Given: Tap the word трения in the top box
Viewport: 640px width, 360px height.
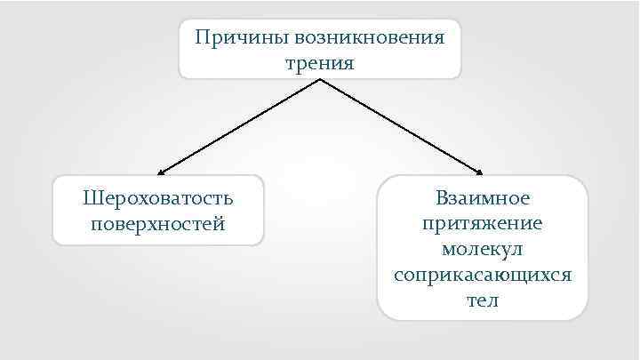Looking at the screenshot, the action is point(320,63).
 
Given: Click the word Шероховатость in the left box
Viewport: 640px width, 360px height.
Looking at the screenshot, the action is point(158,196).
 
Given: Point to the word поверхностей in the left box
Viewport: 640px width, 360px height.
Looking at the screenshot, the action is point(158,221).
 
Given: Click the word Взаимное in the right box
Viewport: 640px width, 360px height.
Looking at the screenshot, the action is point(483,197).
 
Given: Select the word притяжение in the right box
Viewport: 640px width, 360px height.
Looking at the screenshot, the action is point(483,222).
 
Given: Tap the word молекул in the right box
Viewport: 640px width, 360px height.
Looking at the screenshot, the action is point(483,248).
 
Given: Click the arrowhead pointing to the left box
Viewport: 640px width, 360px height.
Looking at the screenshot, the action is point(161,171).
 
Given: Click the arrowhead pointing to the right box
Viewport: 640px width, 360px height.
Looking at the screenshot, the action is point(480,171).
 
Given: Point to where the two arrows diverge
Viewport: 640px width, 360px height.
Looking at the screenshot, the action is point(320,79).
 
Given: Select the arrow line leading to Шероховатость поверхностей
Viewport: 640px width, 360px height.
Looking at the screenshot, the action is point(240,125).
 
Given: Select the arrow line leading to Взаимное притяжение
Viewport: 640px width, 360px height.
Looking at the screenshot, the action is point(400,125).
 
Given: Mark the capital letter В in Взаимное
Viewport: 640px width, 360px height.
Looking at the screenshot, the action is point(442,197).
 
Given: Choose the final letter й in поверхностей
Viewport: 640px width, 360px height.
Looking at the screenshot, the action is point(220,221).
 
